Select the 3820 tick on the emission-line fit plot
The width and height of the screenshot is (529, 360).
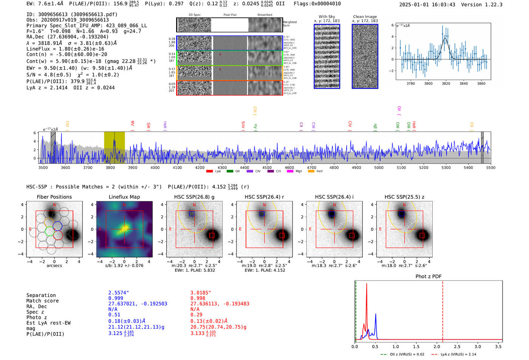446,83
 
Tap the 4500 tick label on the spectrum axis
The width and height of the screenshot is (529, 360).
267,168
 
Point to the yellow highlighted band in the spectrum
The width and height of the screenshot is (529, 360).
114,147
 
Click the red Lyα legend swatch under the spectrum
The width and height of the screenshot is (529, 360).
210,172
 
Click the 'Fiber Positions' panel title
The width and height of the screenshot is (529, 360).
54,197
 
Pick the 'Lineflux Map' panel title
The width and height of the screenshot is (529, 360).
124,197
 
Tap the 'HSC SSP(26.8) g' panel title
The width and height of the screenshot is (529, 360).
194,197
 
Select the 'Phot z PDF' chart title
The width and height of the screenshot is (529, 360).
428,277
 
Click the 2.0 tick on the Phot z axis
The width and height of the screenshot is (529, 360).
437,346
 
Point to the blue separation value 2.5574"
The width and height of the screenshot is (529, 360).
119,293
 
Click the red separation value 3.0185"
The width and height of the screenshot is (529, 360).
201,293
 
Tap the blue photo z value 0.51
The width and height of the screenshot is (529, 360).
114,315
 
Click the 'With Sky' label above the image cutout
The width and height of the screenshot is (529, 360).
326,17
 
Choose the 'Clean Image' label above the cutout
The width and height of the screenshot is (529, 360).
365,17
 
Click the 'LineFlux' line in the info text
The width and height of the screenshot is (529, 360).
65,49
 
